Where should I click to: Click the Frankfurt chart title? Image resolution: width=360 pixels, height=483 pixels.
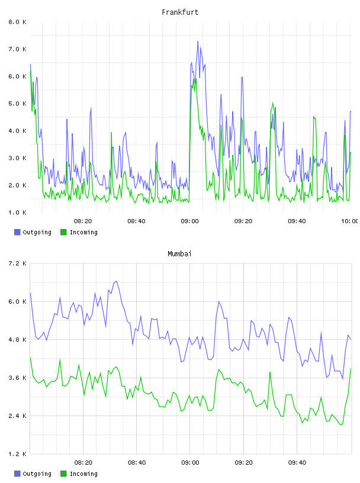180,12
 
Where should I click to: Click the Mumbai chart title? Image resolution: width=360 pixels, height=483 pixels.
179,254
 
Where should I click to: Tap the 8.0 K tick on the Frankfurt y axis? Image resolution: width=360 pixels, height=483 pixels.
17,22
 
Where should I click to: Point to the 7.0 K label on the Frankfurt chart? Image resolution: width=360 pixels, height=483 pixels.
17,49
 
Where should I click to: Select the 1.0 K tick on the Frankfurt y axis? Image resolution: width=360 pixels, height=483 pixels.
17,212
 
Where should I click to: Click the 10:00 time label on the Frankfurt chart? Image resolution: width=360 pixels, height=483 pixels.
350,221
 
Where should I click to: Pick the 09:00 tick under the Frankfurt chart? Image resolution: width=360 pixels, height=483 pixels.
190,221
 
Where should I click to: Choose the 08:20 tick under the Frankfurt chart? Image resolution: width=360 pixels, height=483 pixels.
83,221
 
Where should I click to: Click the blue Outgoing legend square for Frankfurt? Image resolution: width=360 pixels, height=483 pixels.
17,232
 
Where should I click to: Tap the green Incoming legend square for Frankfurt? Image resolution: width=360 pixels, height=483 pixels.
63,232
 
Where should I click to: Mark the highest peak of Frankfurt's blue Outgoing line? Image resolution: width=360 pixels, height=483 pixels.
198,41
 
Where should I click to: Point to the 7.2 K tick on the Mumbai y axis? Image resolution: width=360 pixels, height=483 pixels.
17,263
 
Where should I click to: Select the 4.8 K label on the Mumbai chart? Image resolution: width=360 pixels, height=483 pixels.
17,340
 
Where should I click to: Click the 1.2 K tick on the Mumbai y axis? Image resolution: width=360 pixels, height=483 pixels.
17,454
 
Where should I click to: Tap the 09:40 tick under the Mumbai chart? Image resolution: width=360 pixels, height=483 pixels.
297,463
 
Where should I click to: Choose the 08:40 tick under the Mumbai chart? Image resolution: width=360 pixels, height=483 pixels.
137,463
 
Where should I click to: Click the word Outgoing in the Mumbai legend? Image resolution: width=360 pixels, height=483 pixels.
37,474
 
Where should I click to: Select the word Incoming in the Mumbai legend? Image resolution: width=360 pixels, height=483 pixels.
84,474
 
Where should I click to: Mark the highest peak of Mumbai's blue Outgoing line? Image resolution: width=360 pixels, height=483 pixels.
116,281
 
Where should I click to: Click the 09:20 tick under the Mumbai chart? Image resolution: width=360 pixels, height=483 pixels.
243,463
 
